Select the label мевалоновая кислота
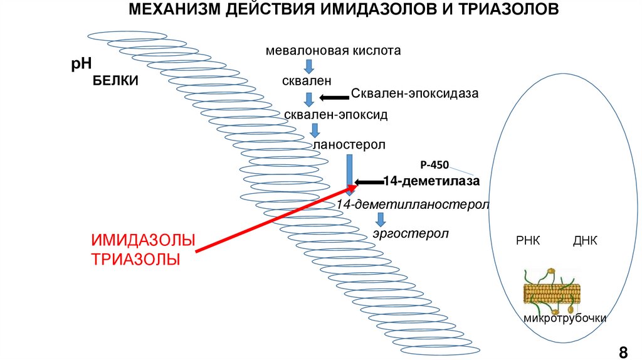coord(333,50)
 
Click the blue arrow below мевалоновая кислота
coord(308,66)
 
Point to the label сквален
coord(307,81)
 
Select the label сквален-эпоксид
coord(336,115)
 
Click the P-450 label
coord(434,165)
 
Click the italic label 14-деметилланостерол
coord(412,205)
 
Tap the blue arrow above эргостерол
coord(380,220)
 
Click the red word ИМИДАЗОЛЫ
coord(143,240)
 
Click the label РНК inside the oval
coord(527,241)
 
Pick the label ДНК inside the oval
coord(585,241)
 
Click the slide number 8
coord(623,350)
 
